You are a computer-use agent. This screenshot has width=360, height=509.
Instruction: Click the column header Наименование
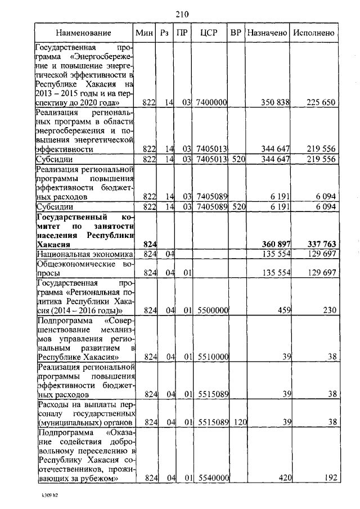point(83,33)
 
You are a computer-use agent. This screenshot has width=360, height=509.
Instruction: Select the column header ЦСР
point(212,33)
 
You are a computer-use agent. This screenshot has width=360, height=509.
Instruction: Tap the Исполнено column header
point(314,33)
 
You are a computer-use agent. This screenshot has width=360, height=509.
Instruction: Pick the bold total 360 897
point(275,245)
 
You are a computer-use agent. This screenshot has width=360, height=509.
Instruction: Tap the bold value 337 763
point(321,245)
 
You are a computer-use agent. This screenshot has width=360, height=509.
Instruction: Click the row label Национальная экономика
point(84,255)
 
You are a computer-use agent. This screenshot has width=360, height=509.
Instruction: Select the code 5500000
point(211,309)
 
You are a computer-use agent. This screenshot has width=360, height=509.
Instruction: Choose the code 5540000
point(211,478)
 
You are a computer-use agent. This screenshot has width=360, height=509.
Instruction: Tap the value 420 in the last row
point(282,478)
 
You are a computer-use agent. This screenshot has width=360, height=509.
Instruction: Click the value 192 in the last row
point(329,478)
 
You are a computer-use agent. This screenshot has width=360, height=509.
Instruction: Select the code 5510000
point(211,357)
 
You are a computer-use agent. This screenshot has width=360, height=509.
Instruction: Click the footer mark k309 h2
point(49,497)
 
